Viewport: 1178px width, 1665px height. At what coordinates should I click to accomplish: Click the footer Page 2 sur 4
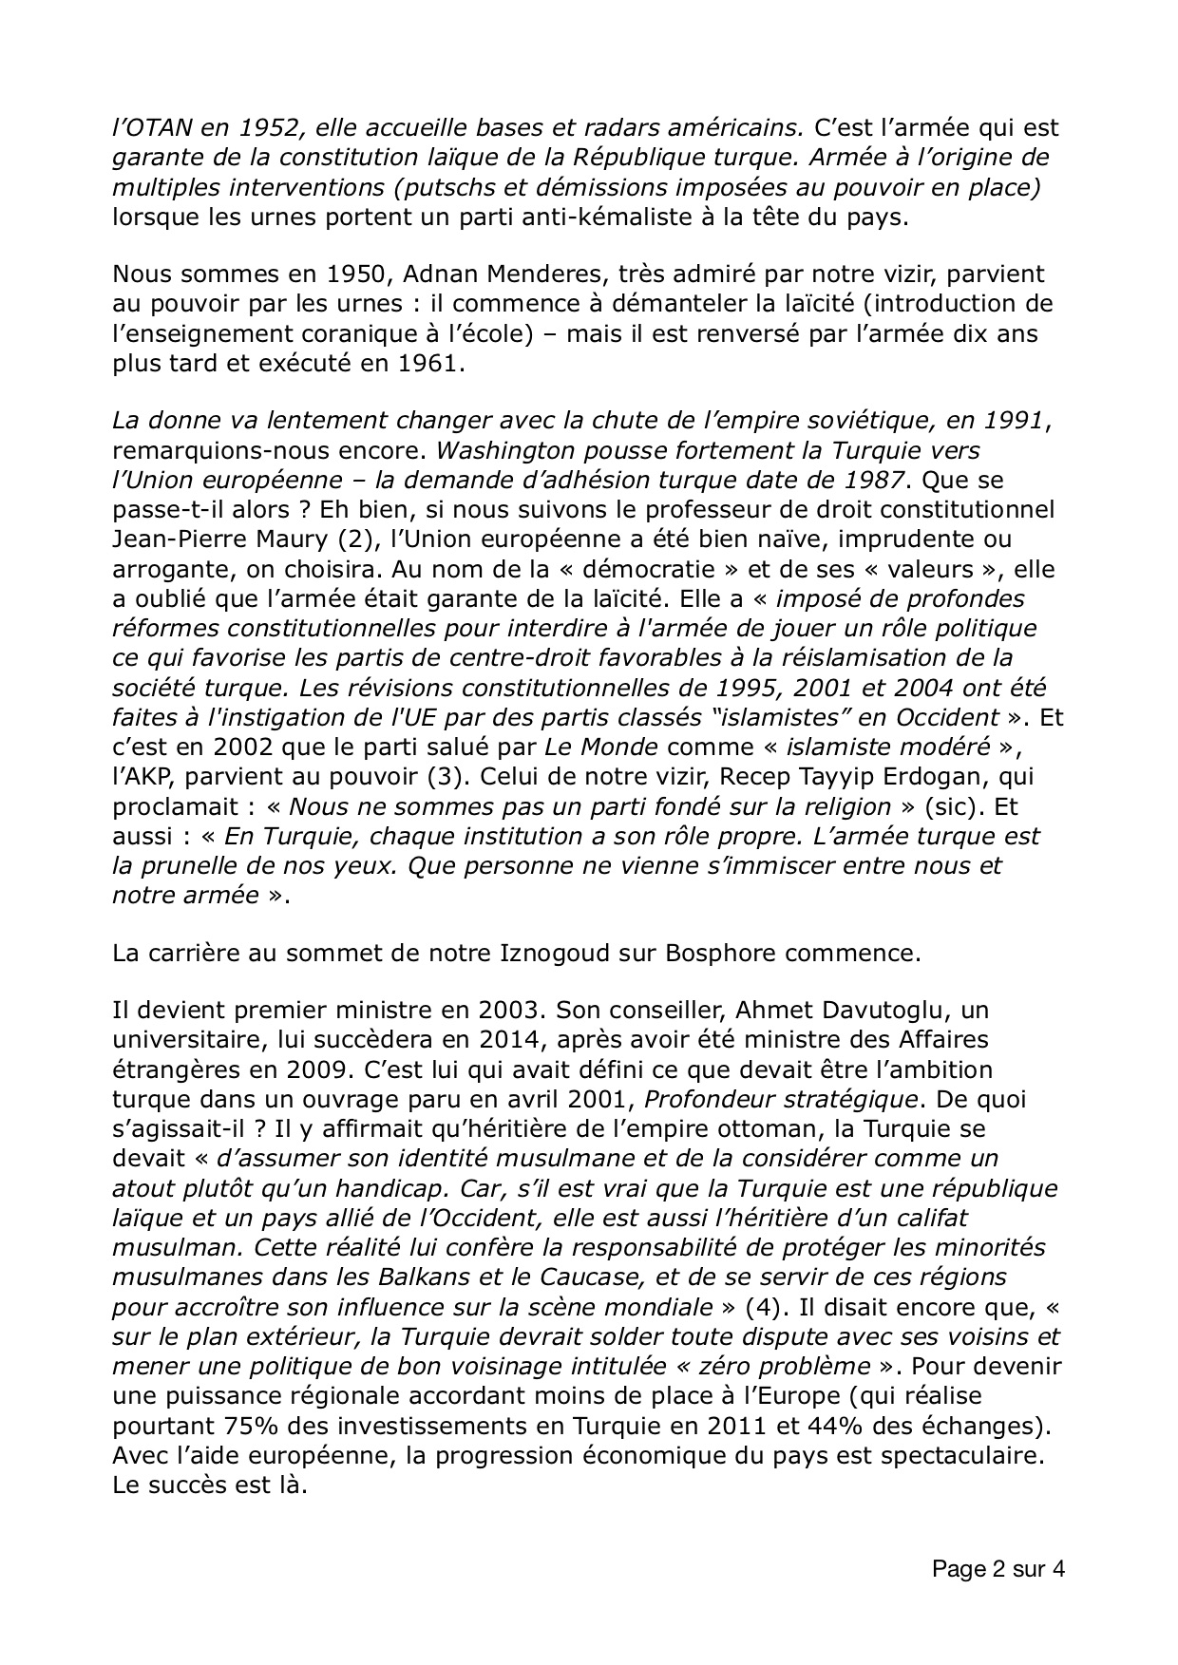[x=997, y=1570]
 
